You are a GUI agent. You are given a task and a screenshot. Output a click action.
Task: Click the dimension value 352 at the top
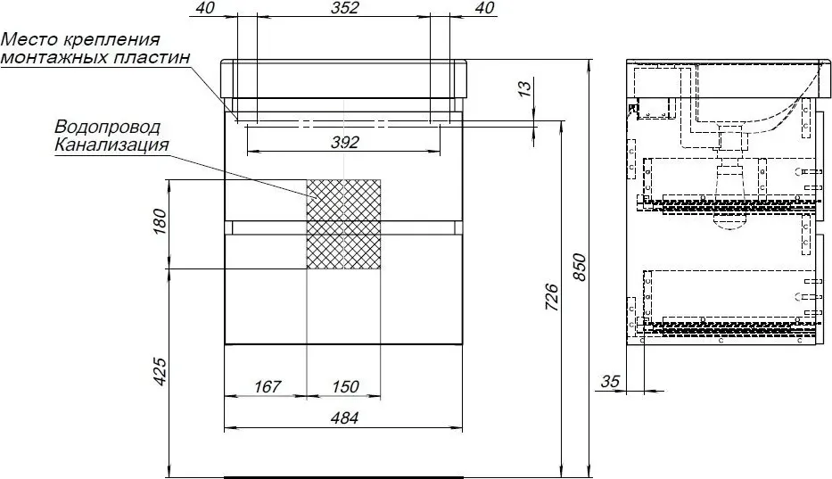point(344,7)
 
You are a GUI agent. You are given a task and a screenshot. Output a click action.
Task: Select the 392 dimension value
point(345,143)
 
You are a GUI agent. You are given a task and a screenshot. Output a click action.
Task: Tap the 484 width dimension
point(344,418)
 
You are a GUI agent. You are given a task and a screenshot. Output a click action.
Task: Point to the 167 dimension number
point(267,386)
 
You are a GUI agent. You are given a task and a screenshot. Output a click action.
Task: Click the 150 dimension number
point(345,386)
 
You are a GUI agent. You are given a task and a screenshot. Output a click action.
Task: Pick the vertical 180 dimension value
point(160,222)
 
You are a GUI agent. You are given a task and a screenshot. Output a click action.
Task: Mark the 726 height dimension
point(552,297)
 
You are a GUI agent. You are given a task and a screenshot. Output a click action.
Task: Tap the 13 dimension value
point(523,88)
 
